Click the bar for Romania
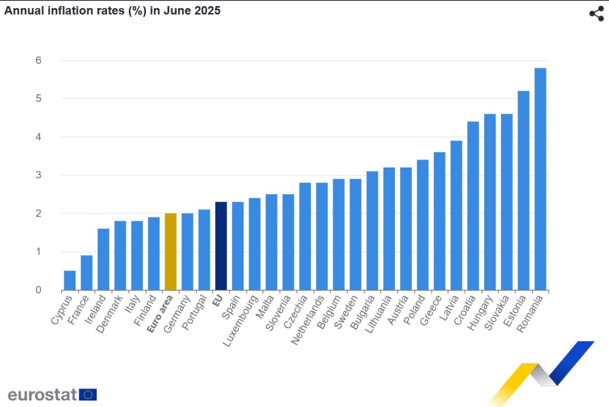click(x=540, y=179)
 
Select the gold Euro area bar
click(x=171, y=252)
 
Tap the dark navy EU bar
click(x=221, y=246)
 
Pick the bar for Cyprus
click(x=70, y=281)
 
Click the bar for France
click(x=86, y=273)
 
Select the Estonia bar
click(x=523, y=191)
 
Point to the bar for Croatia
click(x=473, y=206)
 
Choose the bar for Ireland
click(x=103, y=259)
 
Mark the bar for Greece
click(x=439, y=221)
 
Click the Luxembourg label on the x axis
click(x=242, y=320)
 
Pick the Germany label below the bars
click(x=179, y=314)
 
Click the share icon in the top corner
click(x=596, y=14)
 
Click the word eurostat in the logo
click(x=42, y=394)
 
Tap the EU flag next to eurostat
click(x=88, y=394)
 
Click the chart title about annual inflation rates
click(x=112, y=10)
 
